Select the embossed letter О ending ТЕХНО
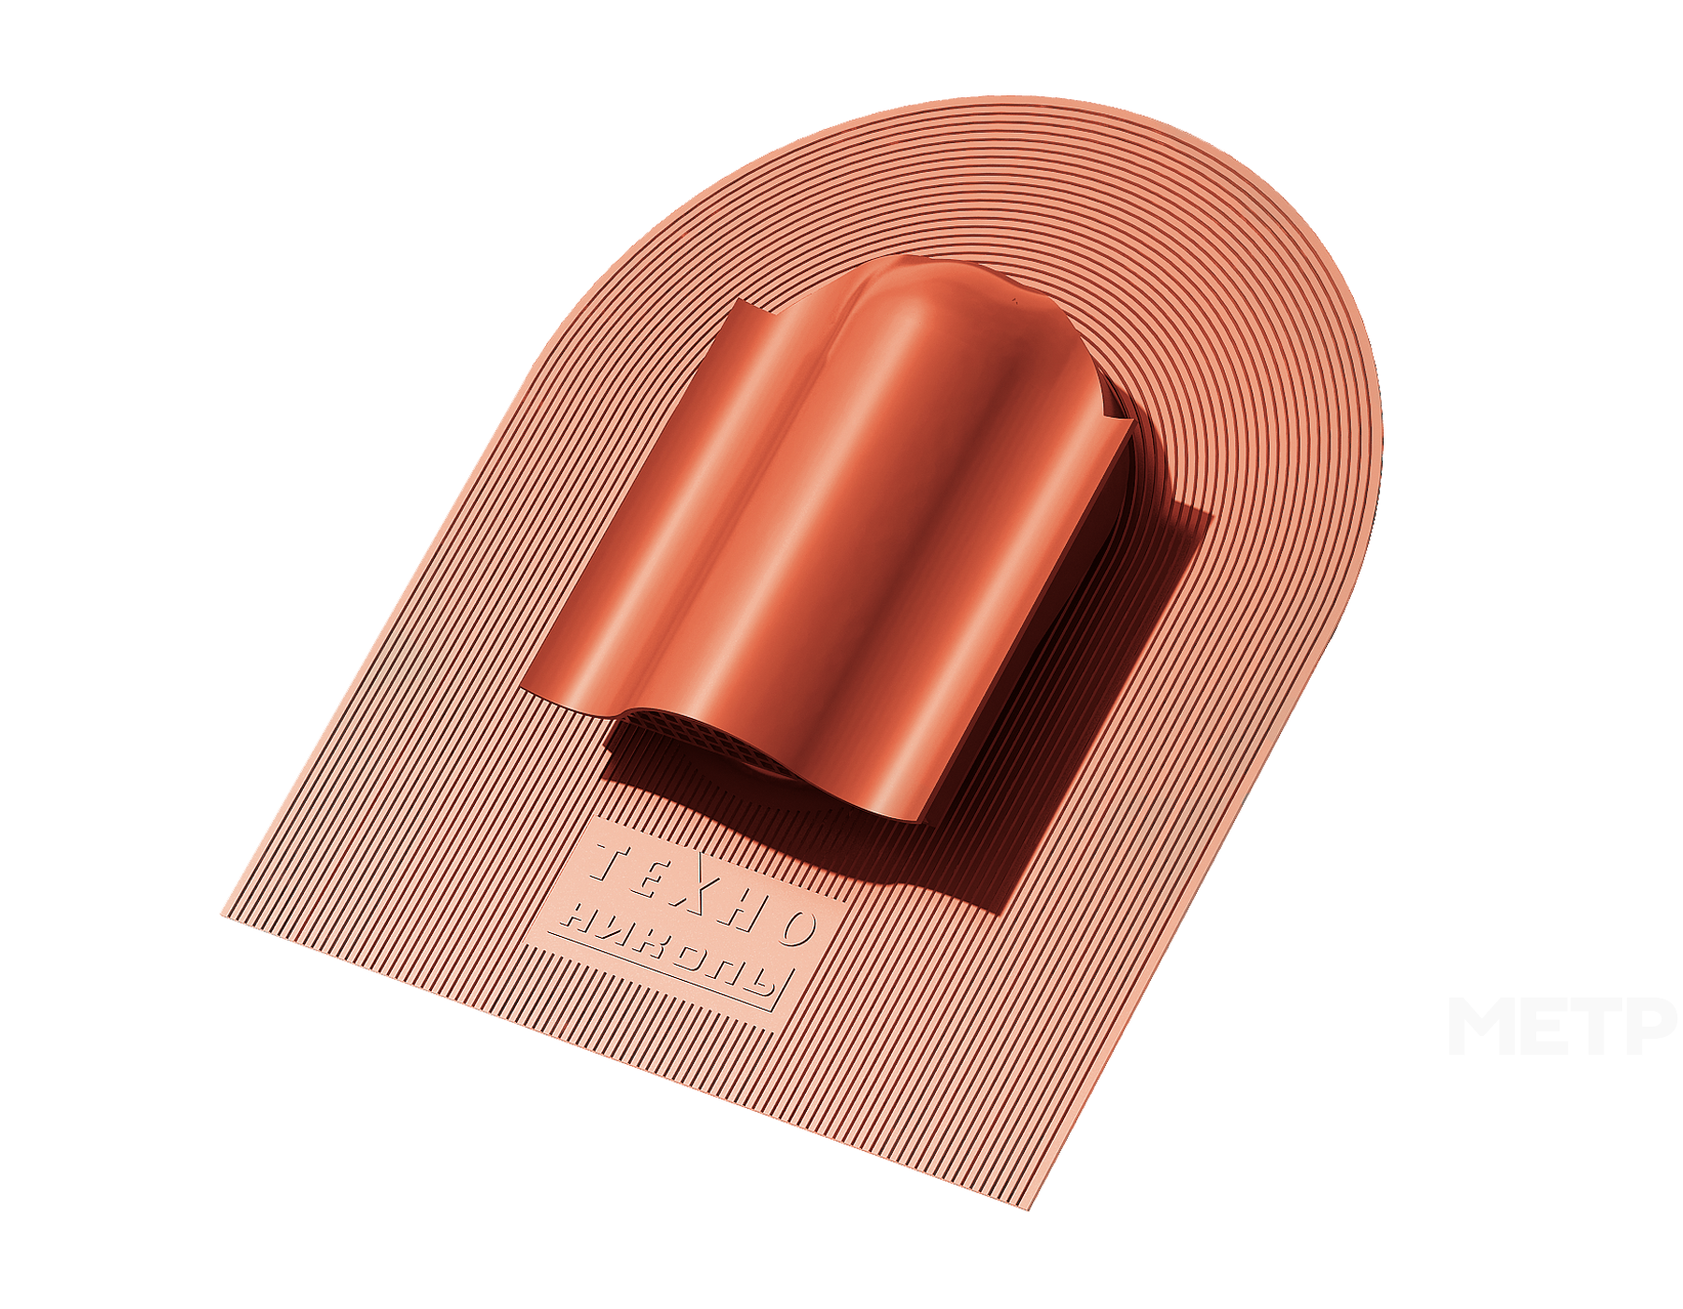(x=798, y=926)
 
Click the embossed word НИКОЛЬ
(x=669, y=955)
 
